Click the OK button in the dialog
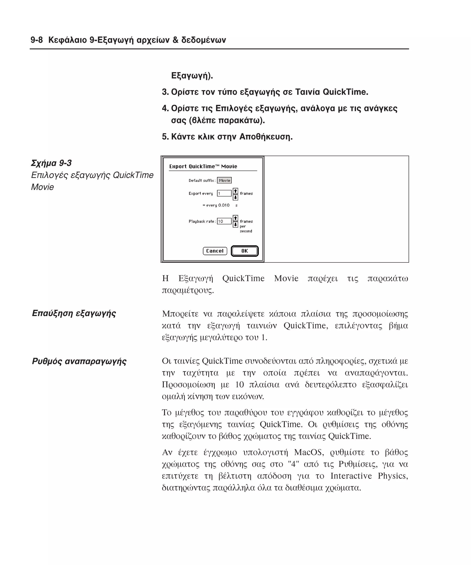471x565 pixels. [x=244, y=251]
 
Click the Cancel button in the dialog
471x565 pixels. [x=215, y=251]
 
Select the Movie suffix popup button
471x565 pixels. [x=224, y=180]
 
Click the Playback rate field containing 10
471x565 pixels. [x=224, y=221]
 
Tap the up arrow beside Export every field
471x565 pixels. [x=235, y=191]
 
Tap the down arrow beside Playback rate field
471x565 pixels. [x=235, y=224]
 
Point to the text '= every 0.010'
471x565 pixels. [x=216, y=205]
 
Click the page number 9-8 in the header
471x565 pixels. [x=37, y=40]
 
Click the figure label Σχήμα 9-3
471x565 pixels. [x=51, y=163]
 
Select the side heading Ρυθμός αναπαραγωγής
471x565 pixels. [x=79, y=361]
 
